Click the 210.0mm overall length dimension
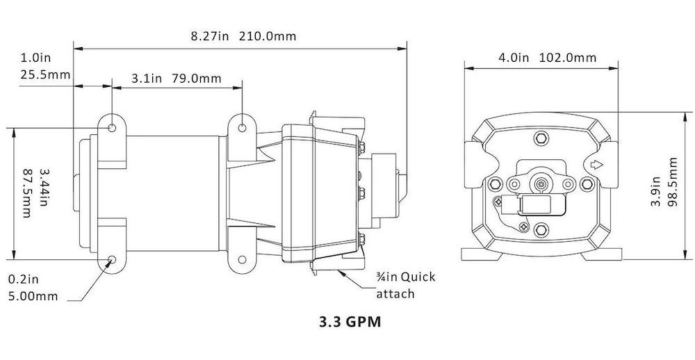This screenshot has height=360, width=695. (268, 36)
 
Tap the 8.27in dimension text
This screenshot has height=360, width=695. (210, 36)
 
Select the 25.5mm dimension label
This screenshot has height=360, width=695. (45, 74)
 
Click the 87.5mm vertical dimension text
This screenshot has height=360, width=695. (26, 193)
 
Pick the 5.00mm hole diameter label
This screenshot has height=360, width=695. (33, 297)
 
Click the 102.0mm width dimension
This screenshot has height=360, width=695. (569, 58)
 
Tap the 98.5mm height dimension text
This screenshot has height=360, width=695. (672, 181)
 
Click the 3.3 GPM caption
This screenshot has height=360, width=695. (350, 322)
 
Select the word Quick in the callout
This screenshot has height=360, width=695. (418, 278)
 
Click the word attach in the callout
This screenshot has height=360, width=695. (395, 294)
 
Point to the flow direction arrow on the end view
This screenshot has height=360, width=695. (596, 165)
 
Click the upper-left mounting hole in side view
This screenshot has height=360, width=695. (112, 128)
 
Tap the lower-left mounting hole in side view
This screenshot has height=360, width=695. (112, 259)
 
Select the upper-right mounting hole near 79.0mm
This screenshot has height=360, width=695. (242, 128)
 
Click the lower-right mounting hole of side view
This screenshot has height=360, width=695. (242, 259)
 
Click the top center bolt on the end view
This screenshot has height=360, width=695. (541, 138)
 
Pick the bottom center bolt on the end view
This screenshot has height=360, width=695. (541, 229)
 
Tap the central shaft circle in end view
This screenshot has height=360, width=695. (541, 183)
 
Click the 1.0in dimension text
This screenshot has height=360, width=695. (36, 58)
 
